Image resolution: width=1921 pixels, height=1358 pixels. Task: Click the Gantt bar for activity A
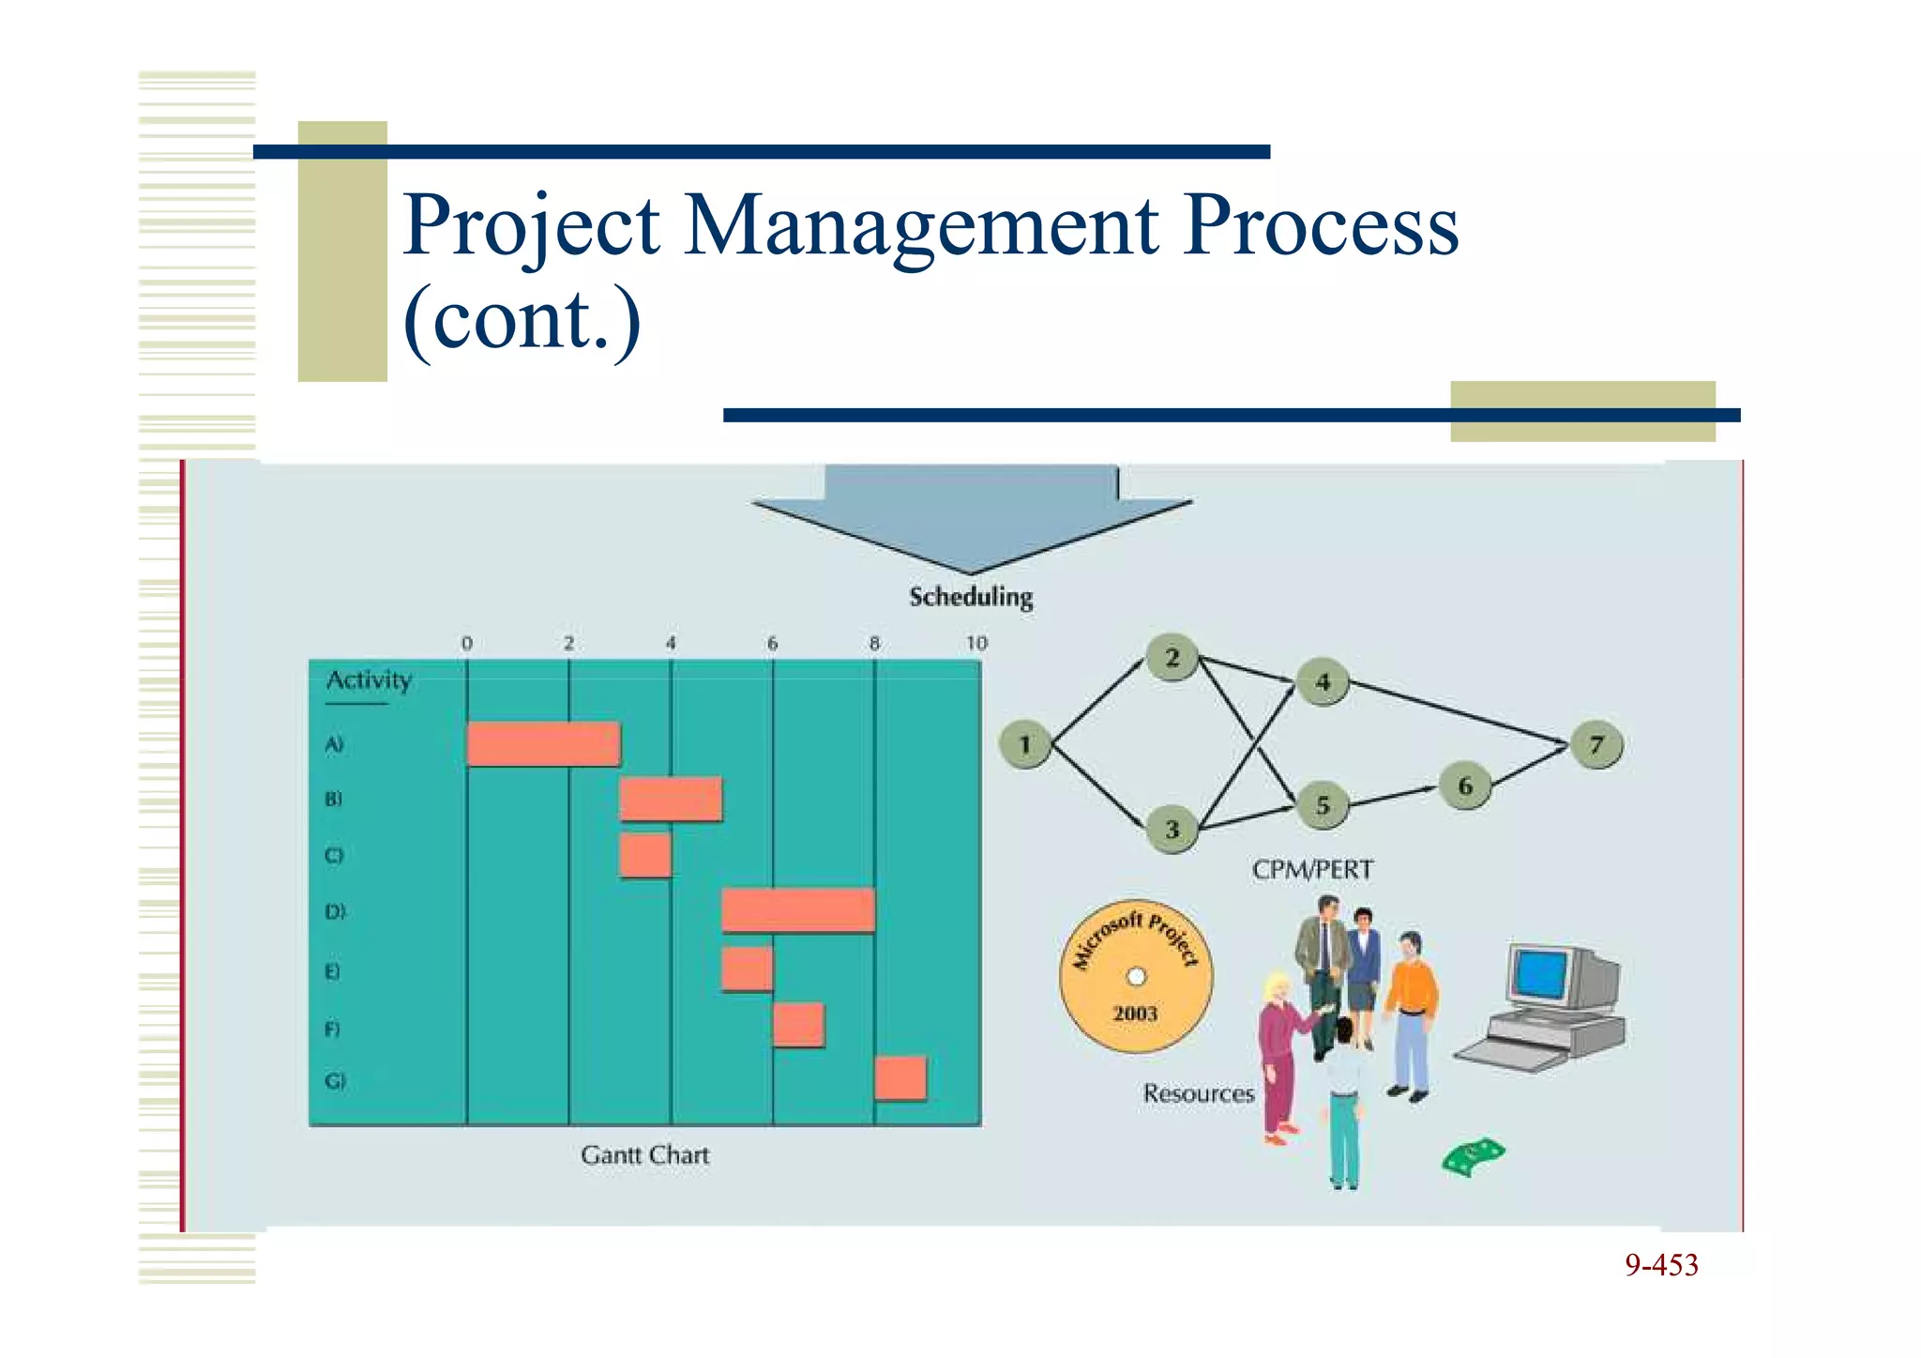point(543,744)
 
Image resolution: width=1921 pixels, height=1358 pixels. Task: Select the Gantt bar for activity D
point(798,911)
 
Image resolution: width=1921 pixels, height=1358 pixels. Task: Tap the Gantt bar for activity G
point(900,1078)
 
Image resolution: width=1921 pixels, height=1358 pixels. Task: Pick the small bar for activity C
point(645,855)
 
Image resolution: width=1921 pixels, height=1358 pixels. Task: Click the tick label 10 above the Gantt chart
point(976,644)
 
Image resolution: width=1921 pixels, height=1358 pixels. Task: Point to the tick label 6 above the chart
point(772,644)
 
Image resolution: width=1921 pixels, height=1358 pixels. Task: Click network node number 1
point(1025,745)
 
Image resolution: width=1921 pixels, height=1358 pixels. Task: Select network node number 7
point(1597,745)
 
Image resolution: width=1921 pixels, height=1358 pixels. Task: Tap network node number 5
point(1323,805)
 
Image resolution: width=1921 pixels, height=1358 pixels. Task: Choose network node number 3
point(1172,830)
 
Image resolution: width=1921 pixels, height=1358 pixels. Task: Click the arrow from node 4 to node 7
point(1459,713)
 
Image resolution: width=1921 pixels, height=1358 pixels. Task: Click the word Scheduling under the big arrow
point(971,597)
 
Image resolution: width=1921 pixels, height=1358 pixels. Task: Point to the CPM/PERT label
point(1312,870)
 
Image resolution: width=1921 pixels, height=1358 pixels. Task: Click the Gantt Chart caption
point(644,1155)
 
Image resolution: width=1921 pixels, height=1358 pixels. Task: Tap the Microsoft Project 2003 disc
point(1136,976)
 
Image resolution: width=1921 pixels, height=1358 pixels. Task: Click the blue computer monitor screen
point(1541,973)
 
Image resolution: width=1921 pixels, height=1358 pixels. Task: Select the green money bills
point(1472,1157)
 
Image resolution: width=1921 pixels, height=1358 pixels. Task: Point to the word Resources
point(1198,1093)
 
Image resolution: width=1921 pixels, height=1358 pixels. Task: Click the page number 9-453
point(1661,1265)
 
